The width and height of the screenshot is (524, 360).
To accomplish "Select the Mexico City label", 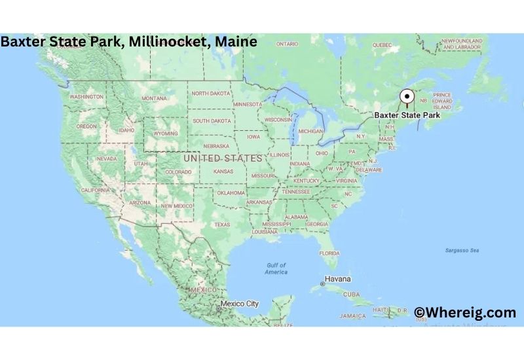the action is tap(240, 304).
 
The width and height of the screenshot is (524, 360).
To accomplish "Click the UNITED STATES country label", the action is tap(223, 158).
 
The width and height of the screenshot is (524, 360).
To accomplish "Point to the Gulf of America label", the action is tap(276, 268).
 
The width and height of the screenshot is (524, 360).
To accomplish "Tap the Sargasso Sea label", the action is tap(462, 251).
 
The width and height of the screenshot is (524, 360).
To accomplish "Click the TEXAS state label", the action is tap(222, 225).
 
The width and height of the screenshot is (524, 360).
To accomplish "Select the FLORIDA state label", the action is tap(329, 253).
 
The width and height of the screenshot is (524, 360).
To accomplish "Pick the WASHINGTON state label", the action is tap(86, 97).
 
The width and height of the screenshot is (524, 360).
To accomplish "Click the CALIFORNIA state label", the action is tap(95, 190).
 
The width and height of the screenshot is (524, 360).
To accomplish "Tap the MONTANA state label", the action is tap(154, 98).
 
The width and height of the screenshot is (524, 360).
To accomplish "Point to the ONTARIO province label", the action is tap(287, 44).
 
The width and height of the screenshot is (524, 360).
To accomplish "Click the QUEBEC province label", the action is tap(382, 45).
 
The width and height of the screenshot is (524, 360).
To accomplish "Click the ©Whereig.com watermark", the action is tap(464, 313).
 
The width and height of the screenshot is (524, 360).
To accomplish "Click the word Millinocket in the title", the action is tap(166, 42).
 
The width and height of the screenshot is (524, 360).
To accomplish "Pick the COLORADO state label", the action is tap(178, 172).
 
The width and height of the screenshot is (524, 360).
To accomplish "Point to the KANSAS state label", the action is tap(223, 171).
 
